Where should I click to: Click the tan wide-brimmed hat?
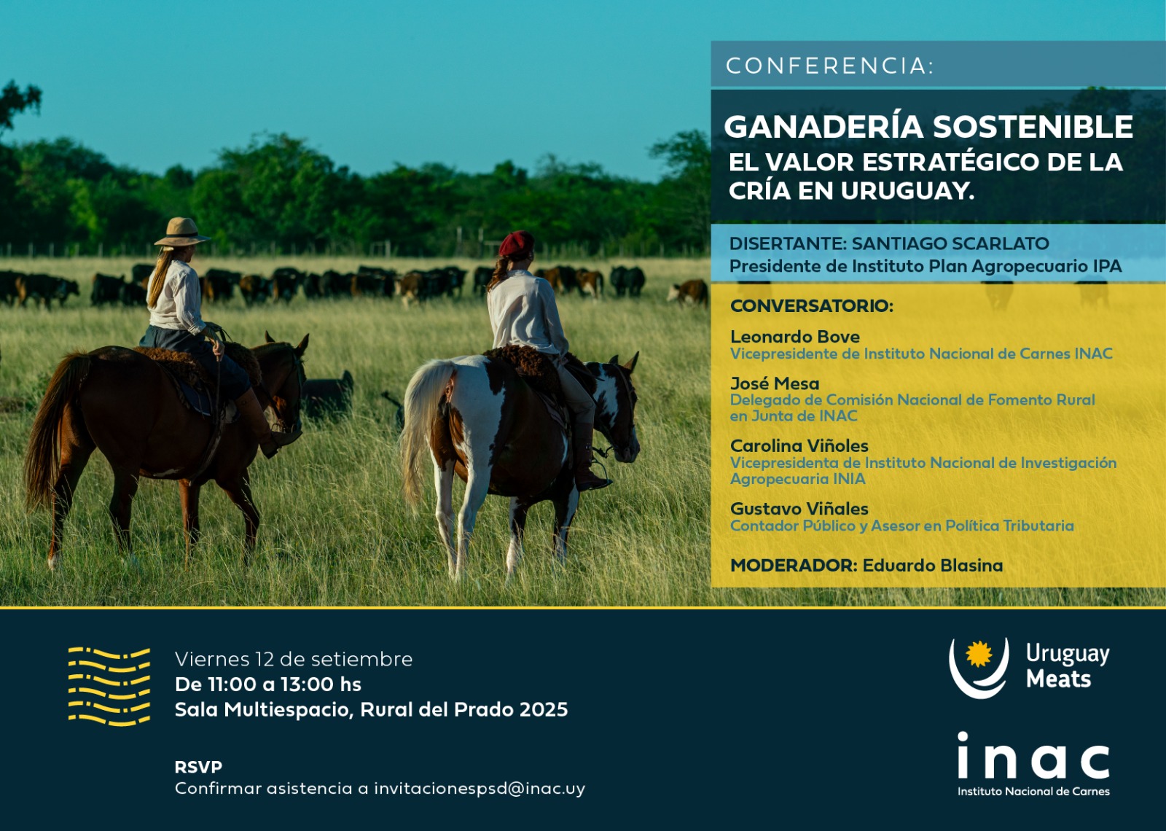(x=181, y=233)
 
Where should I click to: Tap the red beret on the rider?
(x=516, y=243)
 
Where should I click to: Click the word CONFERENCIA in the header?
(x=826, y=66)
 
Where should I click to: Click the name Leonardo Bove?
(x=794, y=336)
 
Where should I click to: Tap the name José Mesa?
(x=775, y=383)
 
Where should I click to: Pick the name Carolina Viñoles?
(x=799, y=445)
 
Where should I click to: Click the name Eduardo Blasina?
(x=933, y=566)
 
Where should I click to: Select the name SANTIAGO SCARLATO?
(x=950, y=243)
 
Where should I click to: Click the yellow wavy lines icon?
(x=109, y=686)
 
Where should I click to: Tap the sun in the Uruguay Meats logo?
(x=979, y=654)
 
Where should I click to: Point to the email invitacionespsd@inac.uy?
(x=480, y=788)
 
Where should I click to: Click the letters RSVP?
(x=198, y=767)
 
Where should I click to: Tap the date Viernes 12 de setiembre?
(x=294, y=659)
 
